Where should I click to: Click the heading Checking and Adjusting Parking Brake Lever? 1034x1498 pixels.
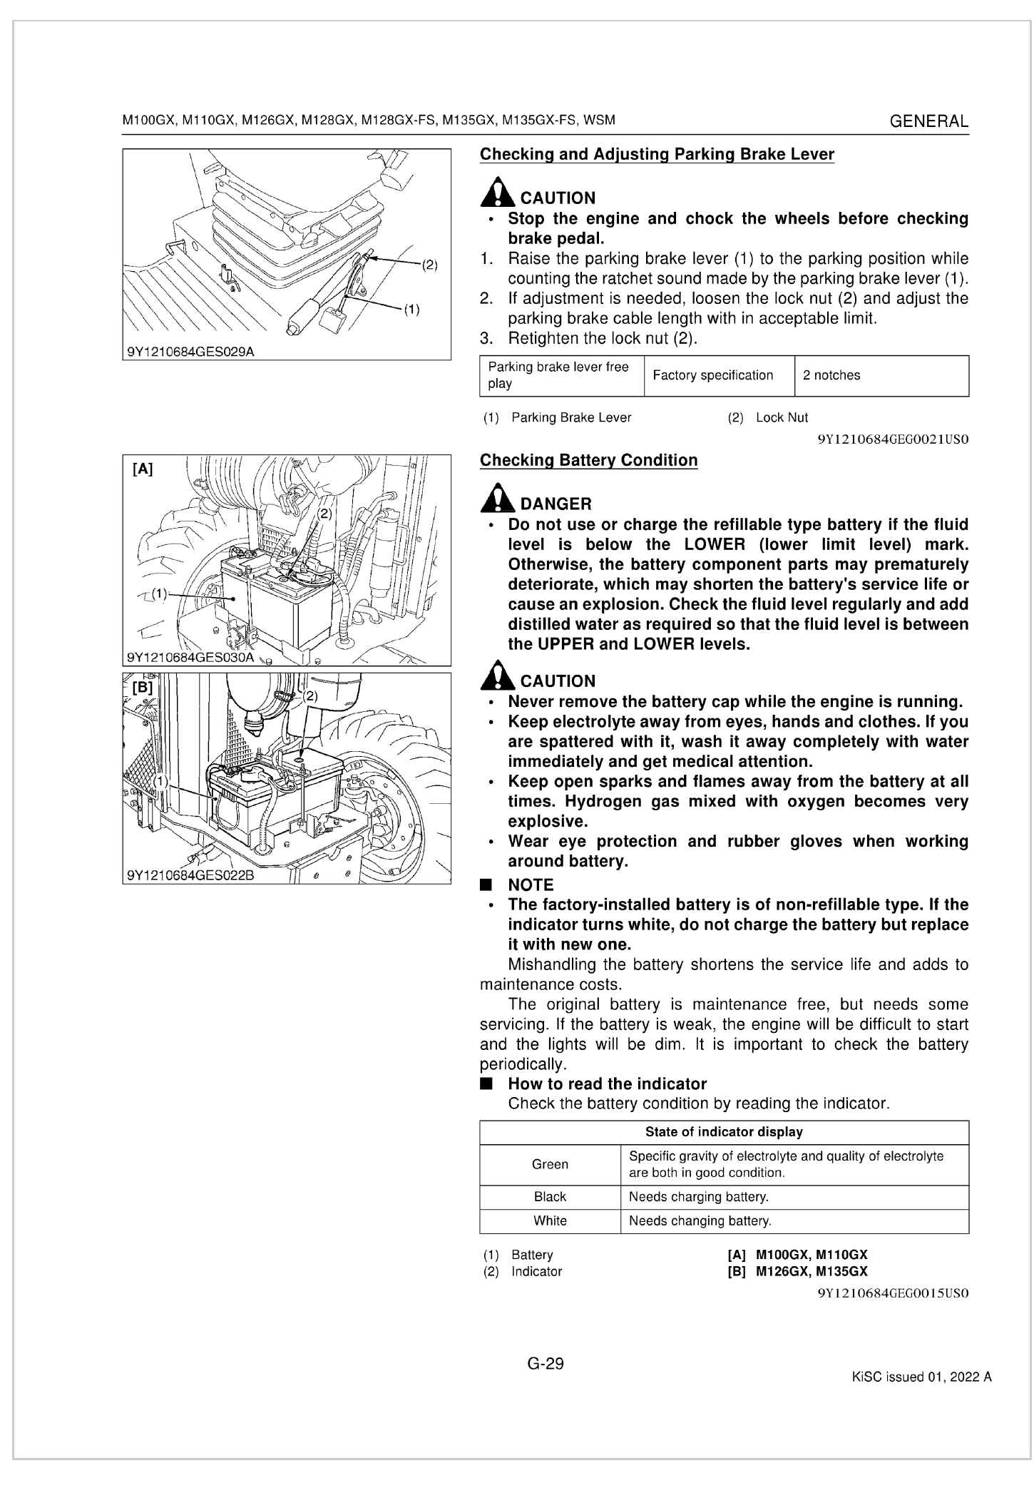(x=656, y=155)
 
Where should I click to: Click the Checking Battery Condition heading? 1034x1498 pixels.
(x=588, y=461)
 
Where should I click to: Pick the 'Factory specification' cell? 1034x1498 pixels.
(x=712, y=376)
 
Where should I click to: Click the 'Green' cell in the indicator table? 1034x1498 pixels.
(x=550, y=1165)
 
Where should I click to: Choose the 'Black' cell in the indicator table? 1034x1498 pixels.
(x=550, y=1197)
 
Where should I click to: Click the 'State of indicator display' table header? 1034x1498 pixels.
(x=724, y=1132)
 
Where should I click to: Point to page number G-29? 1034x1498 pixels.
(x=546, y=1364)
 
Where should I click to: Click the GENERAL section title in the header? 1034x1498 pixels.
(x=929, y=121)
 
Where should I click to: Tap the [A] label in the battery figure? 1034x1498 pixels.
(x=143, y=469)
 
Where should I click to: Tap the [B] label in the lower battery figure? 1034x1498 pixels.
(x=143, y=688)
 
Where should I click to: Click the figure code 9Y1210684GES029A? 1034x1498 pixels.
(x=190, y=352)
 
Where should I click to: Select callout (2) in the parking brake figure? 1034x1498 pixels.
(x=429, y=265)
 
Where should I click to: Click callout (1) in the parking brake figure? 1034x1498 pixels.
(x=411, y=310)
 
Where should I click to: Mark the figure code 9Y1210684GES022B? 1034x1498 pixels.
(x=190, y=875)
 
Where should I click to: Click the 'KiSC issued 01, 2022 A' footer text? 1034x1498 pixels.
(x=921, y=1377)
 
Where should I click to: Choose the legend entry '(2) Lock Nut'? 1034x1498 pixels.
(x=767, y=418)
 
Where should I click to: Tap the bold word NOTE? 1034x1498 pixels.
(x=531, y=885)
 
